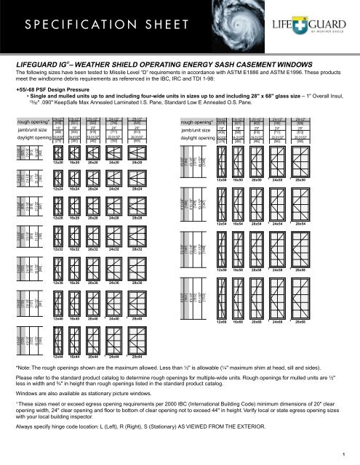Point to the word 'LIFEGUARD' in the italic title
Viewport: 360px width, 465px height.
[x=45, y=63]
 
